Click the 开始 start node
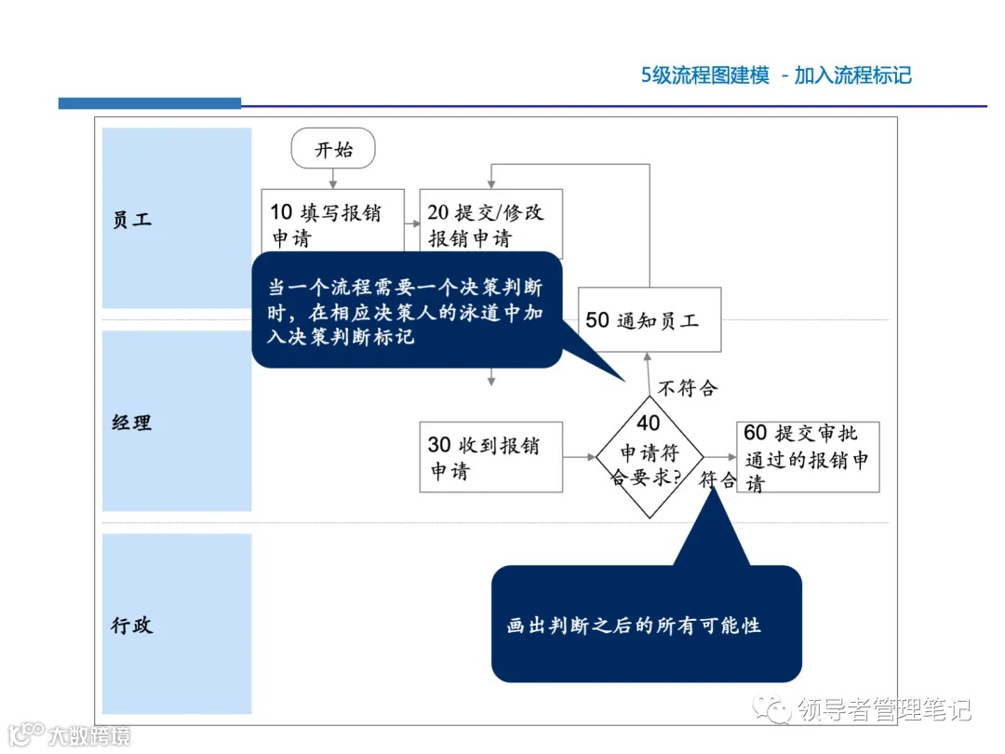point(333,149)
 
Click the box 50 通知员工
point(650,319)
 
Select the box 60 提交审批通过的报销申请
point(807,457)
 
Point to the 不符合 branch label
point(688,387)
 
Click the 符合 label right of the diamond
point(717,480)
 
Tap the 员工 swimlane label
point(131,220)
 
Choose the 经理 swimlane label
point(131,423)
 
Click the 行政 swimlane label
point(131,625)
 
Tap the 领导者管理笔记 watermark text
point(883,710)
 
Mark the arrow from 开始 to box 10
point(333,179)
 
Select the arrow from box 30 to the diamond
point(580,457)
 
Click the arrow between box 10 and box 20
point(412,224)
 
